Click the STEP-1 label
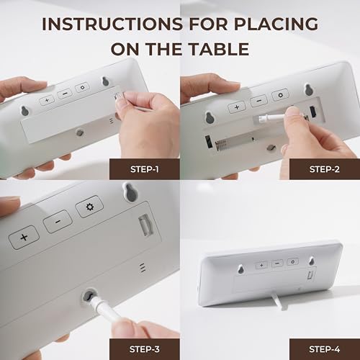[145, 169]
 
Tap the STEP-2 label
[325, 169]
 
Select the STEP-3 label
[145, 349]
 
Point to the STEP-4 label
[325, 349]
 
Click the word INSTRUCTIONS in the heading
[112, 24]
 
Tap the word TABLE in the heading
[219, 49]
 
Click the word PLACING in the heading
[276, 24]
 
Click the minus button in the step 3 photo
[58, 222]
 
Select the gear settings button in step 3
[90, 207]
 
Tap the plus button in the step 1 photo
[47, 100]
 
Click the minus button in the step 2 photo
[258, 101]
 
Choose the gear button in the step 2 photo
[280, 95]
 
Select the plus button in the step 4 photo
[262, 265]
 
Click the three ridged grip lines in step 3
[143, 268]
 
